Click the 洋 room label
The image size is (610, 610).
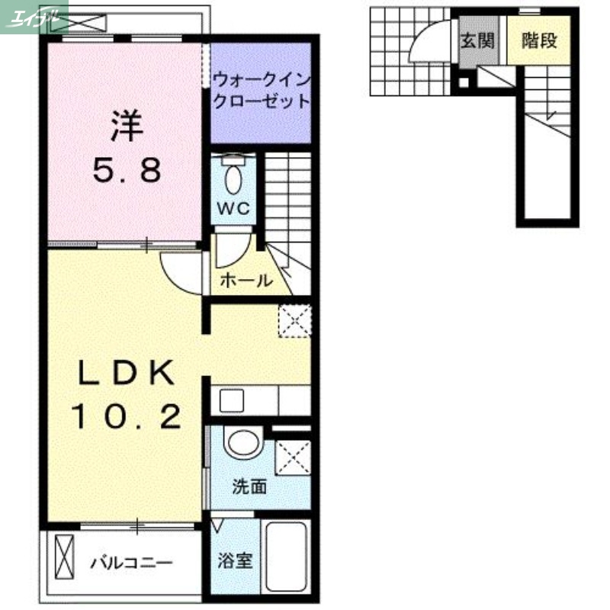(127, 126)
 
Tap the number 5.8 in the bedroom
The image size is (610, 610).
(127, 171)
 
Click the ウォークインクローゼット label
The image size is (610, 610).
(262, 89)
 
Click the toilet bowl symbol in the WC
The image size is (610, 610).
(233, 177)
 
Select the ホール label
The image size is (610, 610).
(246, 281)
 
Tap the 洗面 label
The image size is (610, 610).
(249, 486)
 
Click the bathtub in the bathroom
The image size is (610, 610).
(285, 557)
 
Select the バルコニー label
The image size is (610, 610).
(132, 563)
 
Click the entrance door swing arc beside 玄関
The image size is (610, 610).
(427, 42)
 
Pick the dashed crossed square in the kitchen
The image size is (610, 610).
(294, 319)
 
